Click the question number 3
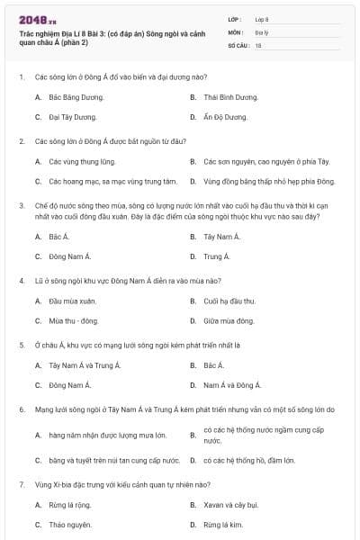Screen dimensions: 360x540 click(22, 205)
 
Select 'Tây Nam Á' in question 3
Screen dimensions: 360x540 click(222, 236)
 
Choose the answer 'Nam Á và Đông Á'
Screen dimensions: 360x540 click(232, 385)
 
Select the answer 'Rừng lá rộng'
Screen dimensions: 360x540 click(70, 504)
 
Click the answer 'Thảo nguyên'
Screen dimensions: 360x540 click(70, 525)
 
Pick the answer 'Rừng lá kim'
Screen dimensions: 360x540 click(223, 525)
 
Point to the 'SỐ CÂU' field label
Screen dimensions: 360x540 click(239, 44)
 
